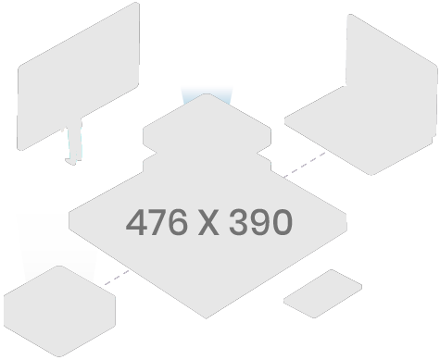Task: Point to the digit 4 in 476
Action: click(x=136, y=222)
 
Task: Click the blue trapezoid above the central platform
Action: click(x=207, y=94)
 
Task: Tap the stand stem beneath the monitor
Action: click(x=72, y=143)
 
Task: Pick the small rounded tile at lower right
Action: click(x=321, y=293)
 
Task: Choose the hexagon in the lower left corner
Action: click(x=58, y=312)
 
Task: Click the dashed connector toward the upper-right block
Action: click(x=304, y=165)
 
